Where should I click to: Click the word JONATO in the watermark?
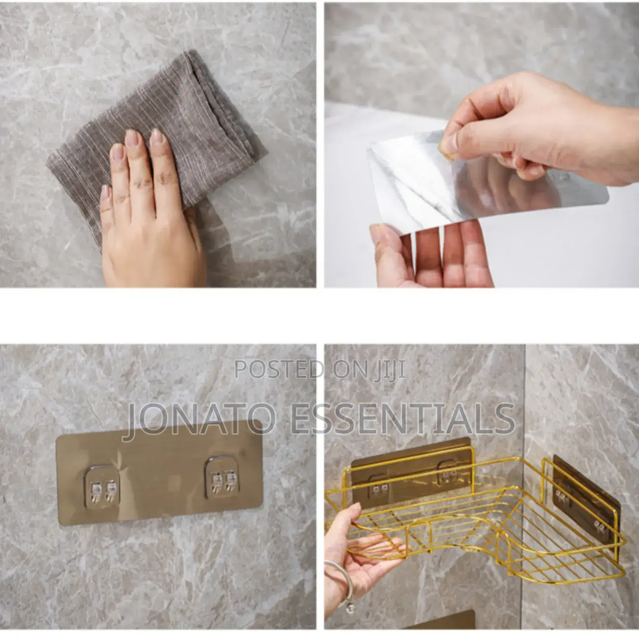pyautogui.click(x=200, y=418)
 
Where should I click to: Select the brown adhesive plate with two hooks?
pyautogui.click(x=160, y=472)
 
